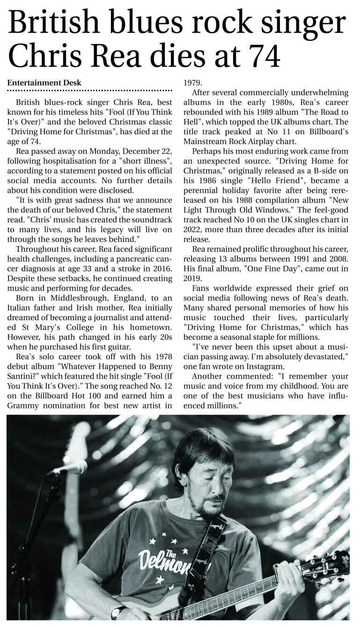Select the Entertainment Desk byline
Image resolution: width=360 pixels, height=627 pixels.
(x=44, y=83)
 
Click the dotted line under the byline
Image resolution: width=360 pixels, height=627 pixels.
(x=90, y=90)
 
